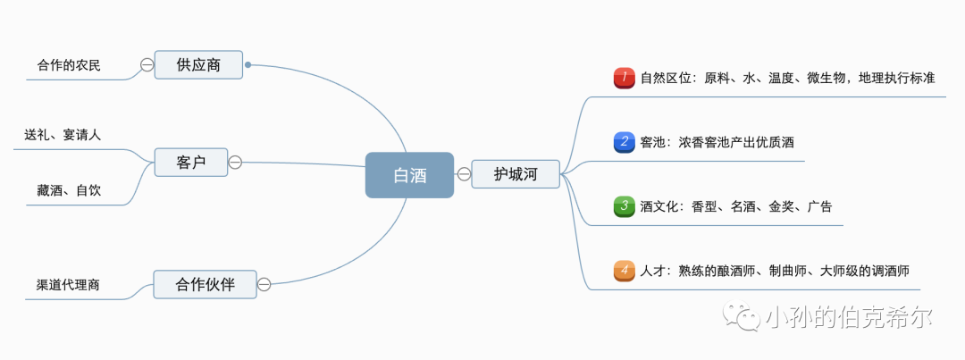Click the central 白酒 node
pyautogui.click(x=409, y=174)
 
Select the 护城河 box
pyautogui.click(x=516, y=173)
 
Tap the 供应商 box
pyautogui.click(x=198, y=64)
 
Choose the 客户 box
pyautogui.click(x=190, y=162)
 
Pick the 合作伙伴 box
pyautogui.click(x=205, y=284)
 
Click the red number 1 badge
pyautogui.click(x=624, y=78)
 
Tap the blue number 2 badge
pyautogui.click(x=624, y=141)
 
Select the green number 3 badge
pyautogui.click(x=624, y=206)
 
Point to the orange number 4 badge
pyautogui.click(x=624, y=270)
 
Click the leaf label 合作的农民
pyautogui.click(x=69, y=65)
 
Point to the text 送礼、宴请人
pyautogui.click(x=63, y=135)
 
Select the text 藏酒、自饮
pyautogui.click(x=69, y=189)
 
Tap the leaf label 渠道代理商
pyautogui.click(x=68, y=285)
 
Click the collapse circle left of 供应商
pyautogui.click(x=147, y=64)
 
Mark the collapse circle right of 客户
pyautogui.click(x=235, y=162)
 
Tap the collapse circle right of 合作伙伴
pyautogui.click(x=264, y=284)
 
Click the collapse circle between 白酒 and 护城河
pyautogui.click(x=464, y=173)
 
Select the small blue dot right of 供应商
pyautogui.click(x=248, y=64)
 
